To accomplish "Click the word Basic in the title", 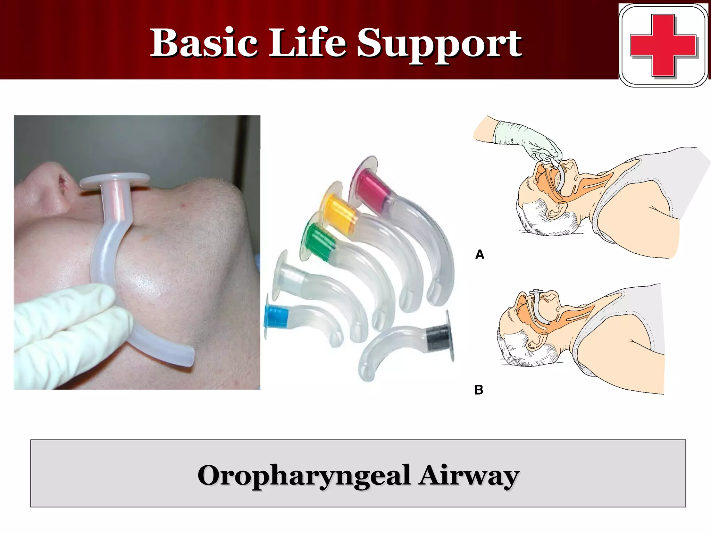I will pyautogui.click(x=204, y=43).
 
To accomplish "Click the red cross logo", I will pyautogui.click(x=663, y=45).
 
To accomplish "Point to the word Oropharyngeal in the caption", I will pyautogui.click(x=304, y=475).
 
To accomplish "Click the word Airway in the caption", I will pyautogui.click(x=468, y=475).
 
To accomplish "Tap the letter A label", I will pyautogui.click(x=479, y=254).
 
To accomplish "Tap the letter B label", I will pyautogui.click(x=479, y=390).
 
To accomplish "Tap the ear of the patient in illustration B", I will pyautogui.click(x=535, y=342).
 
